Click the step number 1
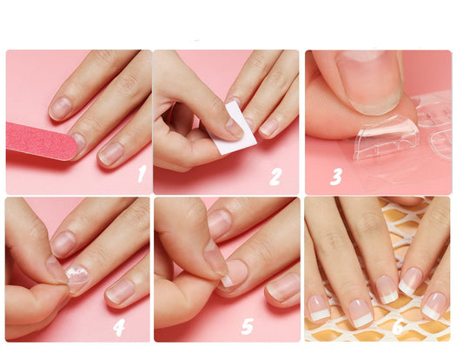142,174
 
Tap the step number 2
275,177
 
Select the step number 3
336,177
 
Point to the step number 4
119,328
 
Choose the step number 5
248,326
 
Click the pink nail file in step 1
42,141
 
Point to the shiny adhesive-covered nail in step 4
77,277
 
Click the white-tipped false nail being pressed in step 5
234,274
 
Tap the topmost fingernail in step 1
61,108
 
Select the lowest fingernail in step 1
110,153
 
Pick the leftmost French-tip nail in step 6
318,309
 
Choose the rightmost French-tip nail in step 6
434,306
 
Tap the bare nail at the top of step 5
219,224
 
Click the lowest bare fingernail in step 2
268,128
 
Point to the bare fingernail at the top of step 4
63,243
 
